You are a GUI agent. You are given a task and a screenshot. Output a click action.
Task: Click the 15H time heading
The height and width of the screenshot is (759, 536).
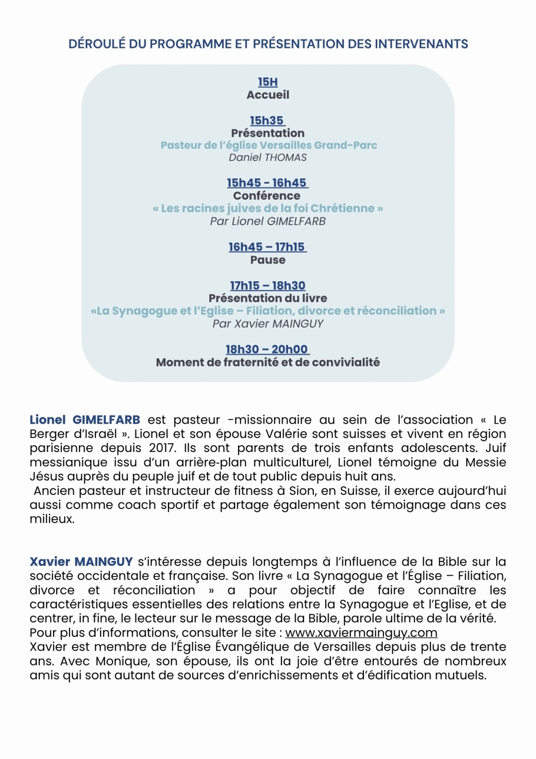(x=267, y=82)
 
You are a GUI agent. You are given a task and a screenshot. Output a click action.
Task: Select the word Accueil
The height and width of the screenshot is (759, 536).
(x=267, y=95)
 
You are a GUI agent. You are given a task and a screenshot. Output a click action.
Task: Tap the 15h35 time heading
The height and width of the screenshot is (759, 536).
(x=267, y=121)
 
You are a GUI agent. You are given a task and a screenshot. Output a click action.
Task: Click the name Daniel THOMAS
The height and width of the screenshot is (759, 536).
(x=267, y=157)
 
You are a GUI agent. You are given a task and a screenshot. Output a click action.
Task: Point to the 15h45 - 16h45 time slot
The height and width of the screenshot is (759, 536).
(x=267, y=183)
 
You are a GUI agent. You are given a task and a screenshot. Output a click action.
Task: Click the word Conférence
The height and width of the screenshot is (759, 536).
(x=266, y=196)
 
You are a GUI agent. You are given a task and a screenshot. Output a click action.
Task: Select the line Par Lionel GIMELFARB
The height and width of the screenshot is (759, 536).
(x=267, y=221)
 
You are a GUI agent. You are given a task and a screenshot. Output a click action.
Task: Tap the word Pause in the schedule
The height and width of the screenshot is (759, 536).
(x=267, y=260)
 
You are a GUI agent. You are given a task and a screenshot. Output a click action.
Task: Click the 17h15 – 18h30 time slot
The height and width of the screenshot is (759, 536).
(x=267, y=286)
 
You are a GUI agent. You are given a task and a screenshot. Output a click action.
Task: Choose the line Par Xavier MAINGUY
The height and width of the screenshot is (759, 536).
(x=267, y=324)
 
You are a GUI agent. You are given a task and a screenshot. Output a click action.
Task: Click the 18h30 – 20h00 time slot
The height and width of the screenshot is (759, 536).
(x=267, y=350)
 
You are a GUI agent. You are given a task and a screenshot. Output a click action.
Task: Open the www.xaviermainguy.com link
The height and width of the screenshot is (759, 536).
(x=361, y=633)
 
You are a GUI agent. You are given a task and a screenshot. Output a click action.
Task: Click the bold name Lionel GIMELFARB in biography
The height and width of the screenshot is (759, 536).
(x=85, y=420)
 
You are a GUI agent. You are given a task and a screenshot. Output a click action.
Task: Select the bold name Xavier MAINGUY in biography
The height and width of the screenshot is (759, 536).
(x=81, y=562)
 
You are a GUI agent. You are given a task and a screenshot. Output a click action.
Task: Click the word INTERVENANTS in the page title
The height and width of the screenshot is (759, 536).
(x=421, y=44)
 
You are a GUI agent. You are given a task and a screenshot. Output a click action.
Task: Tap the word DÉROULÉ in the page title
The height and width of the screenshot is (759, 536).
(x=97, y=44)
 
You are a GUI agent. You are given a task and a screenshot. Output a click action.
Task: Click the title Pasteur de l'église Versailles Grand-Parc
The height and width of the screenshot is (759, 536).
(x=269, y=146)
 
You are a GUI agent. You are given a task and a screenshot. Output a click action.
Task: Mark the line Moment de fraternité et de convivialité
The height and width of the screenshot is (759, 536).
(x=267, y=363)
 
